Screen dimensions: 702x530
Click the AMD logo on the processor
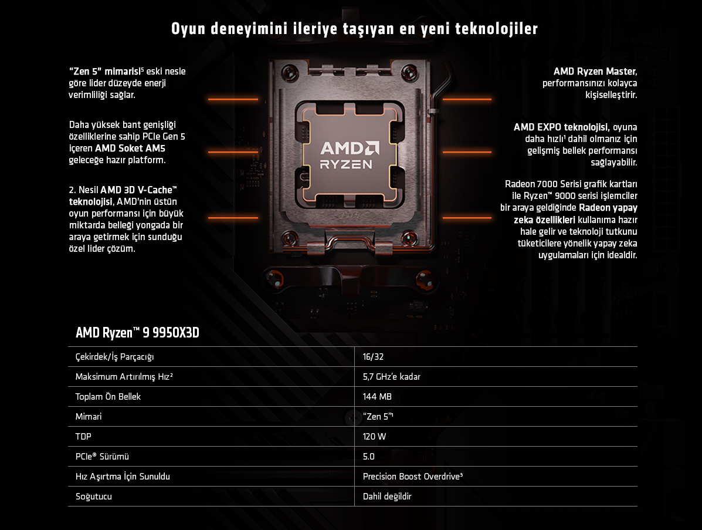350,148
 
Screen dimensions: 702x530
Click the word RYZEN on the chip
346,164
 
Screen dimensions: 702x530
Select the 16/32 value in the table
373,357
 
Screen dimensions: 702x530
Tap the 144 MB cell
377,397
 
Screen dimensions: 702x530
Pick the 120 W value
374,436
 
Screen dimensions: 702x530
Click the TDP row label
83,436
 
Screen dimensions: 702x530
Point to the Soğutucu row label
94,497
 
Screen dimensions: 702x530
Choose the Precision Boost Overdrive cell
412,476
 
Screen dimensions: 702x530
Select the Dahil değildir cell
387,497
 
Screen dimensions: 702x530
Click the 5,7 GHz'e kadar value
391,377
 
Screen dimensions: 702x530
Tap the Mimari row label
88,417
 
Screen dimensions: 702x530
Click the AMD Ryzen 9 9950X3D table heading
137,332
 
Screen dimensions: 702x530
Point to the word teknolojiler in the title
497,29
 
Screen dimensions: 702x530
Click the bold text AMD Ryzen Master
595,71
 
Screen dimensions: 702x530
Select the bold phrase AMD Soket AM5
130,148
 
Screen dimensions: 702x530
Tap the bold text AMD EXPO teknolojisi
561,127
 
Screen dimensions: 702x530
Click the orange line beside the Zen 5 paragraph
233,99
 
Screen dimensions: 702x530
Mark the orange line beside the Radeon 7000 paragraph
467,218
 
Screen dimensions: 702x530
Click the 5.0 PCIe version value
368,457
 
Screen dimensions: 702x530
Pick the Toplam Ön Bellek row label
108,397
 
